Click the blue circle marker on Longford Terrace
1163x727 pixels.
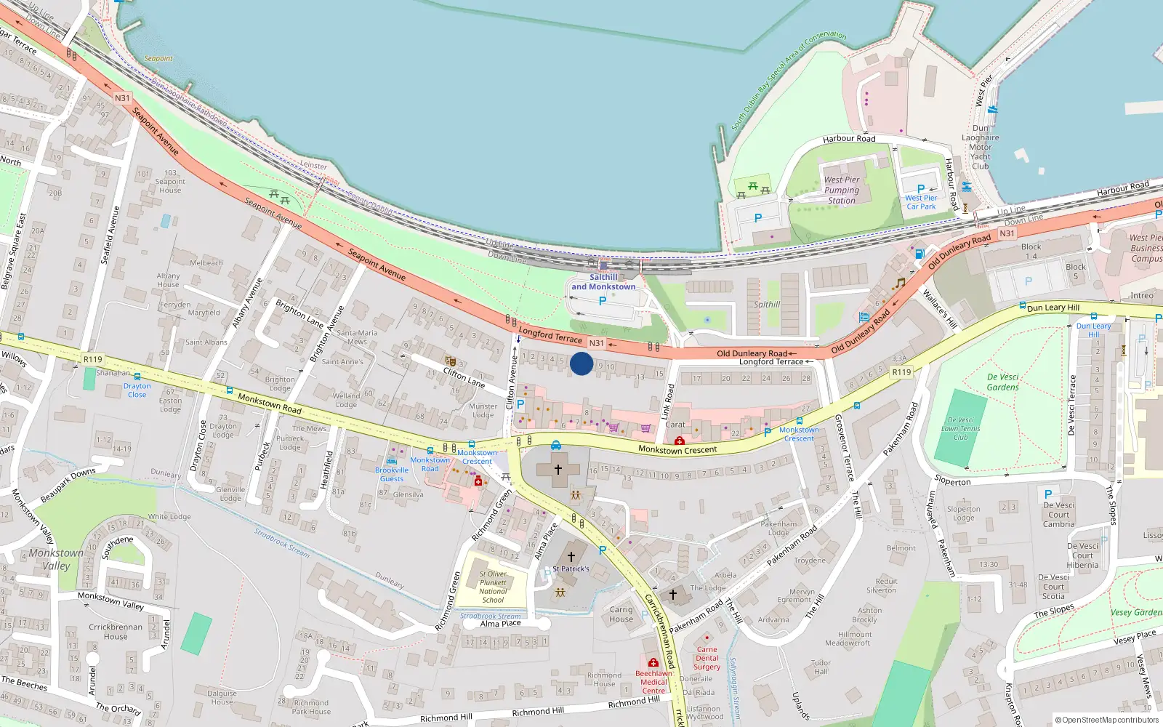coord(581,363)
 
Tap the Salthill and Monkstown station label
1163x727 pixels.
coord(603,282)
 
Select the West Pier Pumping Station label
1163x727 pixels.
coord(842,190)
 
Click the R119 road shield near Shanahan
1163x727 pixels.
coord(93,359)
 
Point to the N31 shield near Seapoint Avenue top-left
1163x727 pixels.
coord(122,98)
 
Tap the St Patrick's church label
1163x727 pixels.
coord(571,569)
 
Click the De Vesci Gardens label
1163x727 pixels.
coord(1003,382)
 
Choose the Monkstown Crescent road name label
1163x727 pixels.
coord(677,449)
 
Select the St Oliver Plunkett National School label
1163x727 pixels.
coord(493,587)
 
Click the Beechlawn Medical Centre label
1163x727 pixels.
coord(653,682)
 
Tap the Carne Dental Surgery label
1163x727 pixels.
coord(707,658)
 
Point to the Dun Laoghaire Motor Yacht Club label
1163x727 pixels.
coord(981,147)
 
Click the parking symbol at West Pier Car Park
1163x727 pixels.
coord(921,189)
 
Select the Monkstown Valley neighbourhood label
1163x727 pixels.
coord(56,559)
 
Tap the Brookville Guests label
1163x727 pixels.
coord(392,474)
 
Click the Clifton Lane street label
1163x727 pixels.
coord(464,377)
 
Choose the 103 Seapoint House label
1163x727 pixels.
coord(170,182)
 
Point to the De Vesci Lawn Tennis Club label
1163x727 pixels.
coord(961,428)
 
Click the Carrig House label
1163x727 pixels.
coord(621,614)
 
